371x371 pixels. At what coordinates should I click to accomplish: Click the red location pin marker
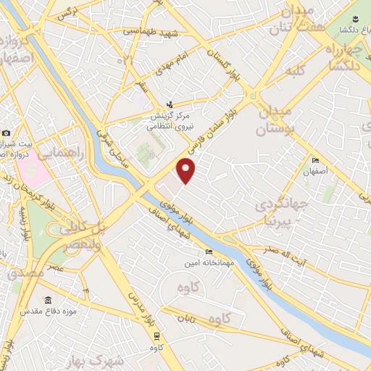[x=187, y=171]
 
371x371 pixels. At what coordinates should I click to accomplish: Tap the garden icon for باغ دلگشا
[x=356, y=19]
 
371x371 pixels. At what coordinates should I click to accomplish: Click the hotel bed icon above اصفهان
[x=314, y=161]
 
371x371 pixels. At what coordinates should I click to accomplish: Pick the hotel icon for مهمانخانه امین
[x=209, y=252]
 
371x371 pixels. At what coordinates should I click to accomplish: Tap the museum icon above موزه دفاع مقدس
[x=48, y=300]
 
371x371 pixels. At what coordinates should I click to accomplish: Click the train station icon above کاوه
[x=157, y=335]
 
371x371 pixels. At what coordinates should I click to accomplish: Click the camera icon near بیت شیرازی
[x=6, y=133]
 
